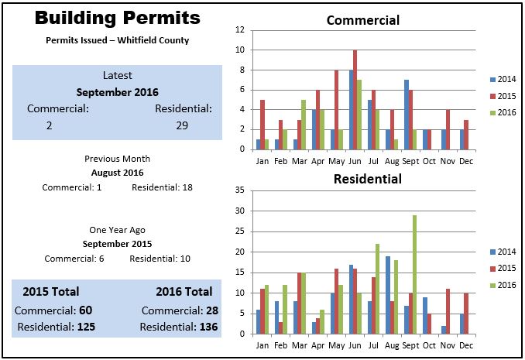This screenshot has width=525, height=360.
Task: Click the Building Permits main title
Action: [x=117, y=19]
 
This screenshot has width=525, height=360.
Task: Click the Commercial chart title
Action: [x=362, y=21]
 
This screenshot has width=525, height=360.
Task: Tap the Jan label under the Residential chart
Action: [x=262, y=345]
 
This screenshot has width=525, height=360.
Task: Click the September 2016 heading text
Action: [x=117, y=92]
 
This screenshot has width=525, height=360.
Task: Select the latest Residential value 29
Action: [x=182, y=125]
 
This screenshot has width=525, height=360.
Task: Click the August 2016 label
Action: [x=117, y=173]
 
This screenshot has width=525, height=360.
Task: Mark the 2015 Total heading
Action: [x=51, y=292]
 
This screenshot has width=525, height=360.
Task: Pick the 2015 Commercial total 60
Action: [x=85, y=310]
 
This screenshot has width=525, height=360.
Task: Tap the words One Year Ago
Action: [x=117, y=230]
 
